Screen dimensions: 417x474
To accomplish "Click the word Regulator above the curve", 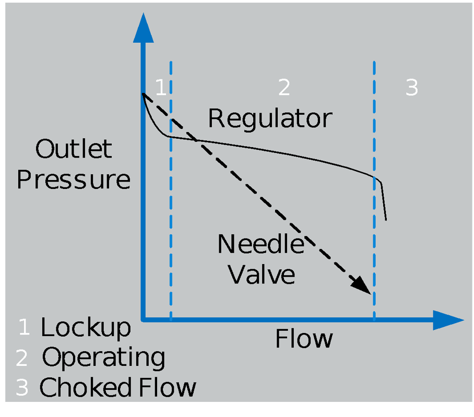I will coord(270,119).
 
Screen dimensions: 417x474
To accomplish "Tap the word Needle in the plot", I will coord(260,244).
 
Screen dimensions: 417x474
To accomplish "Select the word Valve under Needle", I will coord(262,274).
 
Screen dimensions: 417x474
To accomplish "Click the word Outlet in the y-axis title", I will coord(74,149).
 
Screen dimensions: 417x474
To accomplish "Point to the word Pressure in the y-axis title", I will coord(74,180).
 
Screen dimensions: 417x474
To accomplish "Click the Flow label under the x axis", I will coord(304,339).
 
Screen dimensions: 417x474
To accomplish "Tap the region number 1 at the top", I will coord(161,88).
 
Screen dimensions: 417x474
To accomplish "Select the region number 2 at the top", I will coord(283,88).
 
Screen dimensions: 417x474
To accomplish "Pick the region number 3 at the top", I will coord(412,88).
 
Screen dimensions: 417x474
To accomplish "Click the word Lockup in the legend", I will coord(86,328).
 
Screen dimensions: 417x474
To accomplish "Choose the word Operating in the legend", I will coord(103,359).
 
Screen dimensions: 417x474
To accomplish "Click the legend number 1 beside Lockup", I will coord(23,327).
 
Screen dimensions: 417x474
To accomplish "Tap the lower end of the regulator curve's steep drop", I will coord(386,219).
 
